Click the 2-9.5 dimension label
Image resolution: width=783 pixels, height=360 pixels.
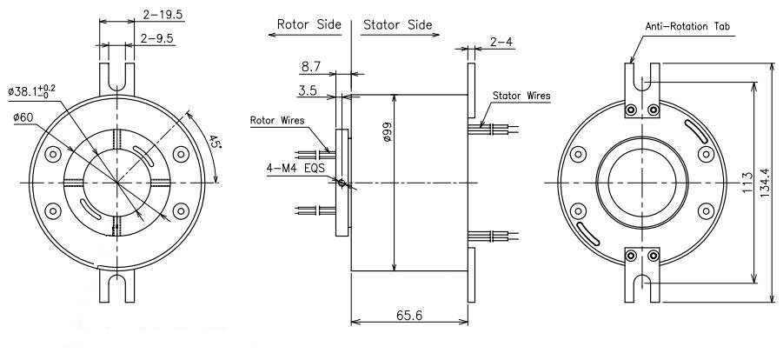155,39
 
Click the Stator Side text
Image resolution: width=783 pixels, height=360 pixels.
397,24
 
